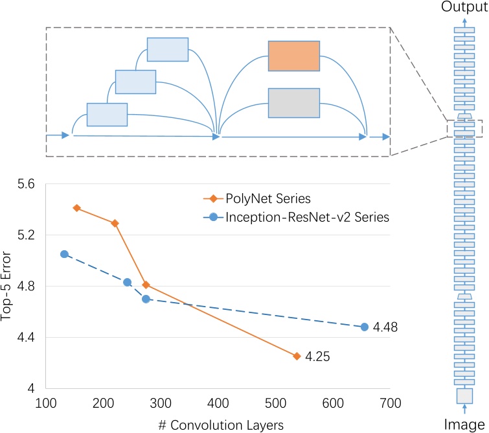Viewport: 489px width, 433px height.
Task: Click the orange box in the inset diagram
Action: coord(293,55)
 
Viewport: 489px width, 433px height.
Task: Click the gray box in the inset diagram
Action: coord(293,102)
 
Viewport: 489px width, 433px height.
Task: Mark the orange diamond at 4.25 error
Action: coord(297,356)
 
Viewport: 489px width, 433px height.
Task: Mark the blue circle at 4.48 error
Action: coord(365,327)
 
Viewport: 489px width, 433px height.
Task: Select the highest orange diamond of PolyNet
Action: coord(76,208)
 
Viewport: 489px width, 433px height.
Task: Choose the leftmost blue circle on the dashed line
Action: coord(64,254)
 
